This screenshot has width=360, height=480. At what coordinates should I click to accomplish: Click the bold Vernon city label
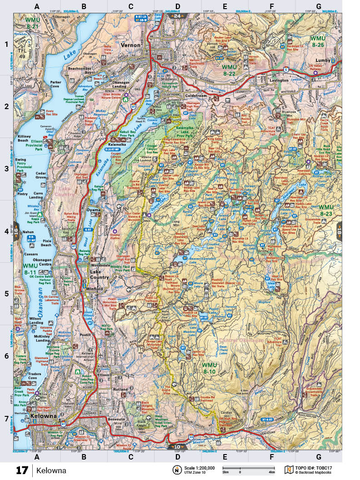[132, 45]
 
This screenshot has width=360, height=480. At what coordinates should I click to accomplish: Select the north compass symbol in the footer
[175, 470]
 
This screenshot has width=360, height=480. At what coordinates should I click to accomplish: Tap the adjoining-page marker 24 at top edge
[176, 15]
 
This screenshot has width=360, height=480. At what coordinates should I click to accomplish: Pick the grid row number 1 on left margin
[6, 45]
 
